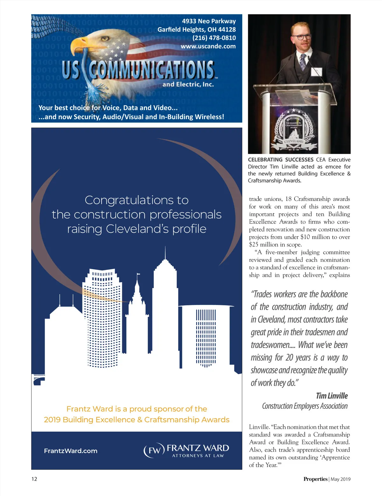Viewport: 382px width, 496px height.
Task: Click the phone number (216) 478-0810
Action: [214, 38]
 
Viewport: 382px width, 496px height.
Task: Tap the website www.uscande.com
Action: [208, 46]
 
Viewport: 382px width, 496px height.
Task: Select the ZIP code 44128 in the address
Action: [227, 30]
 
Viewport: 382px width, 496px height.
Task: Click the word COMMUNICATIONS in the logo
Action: [152, 70]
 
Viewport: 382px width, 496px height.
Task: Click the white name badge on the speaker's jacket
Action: [317, 72]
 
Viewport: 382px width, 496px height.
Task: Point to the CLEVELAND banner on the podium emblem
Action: [294, 141]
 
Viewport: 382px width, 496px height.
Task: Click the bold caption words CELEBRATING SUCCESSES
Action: [281, 160]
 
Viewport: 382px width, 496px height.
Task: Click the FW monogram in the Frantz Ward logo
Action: [154, 451]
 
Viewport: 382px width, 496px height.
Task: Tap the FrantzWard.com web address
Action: [71, 451]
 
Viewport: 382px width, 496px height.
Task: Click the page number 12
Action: [34, 479]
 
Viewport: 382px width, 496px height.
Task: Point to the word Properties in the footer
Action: [315, 479]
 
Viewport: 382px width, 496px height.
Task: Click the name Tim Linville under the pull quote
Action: [332, 396]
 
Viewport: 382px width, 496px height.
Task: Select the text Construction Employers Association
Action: [305, 406]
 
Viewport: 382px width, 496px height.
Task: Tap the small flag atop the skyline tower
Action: [138, 274]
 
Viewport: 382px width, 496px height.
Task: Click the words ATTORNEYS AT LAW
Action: [198, 456]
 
